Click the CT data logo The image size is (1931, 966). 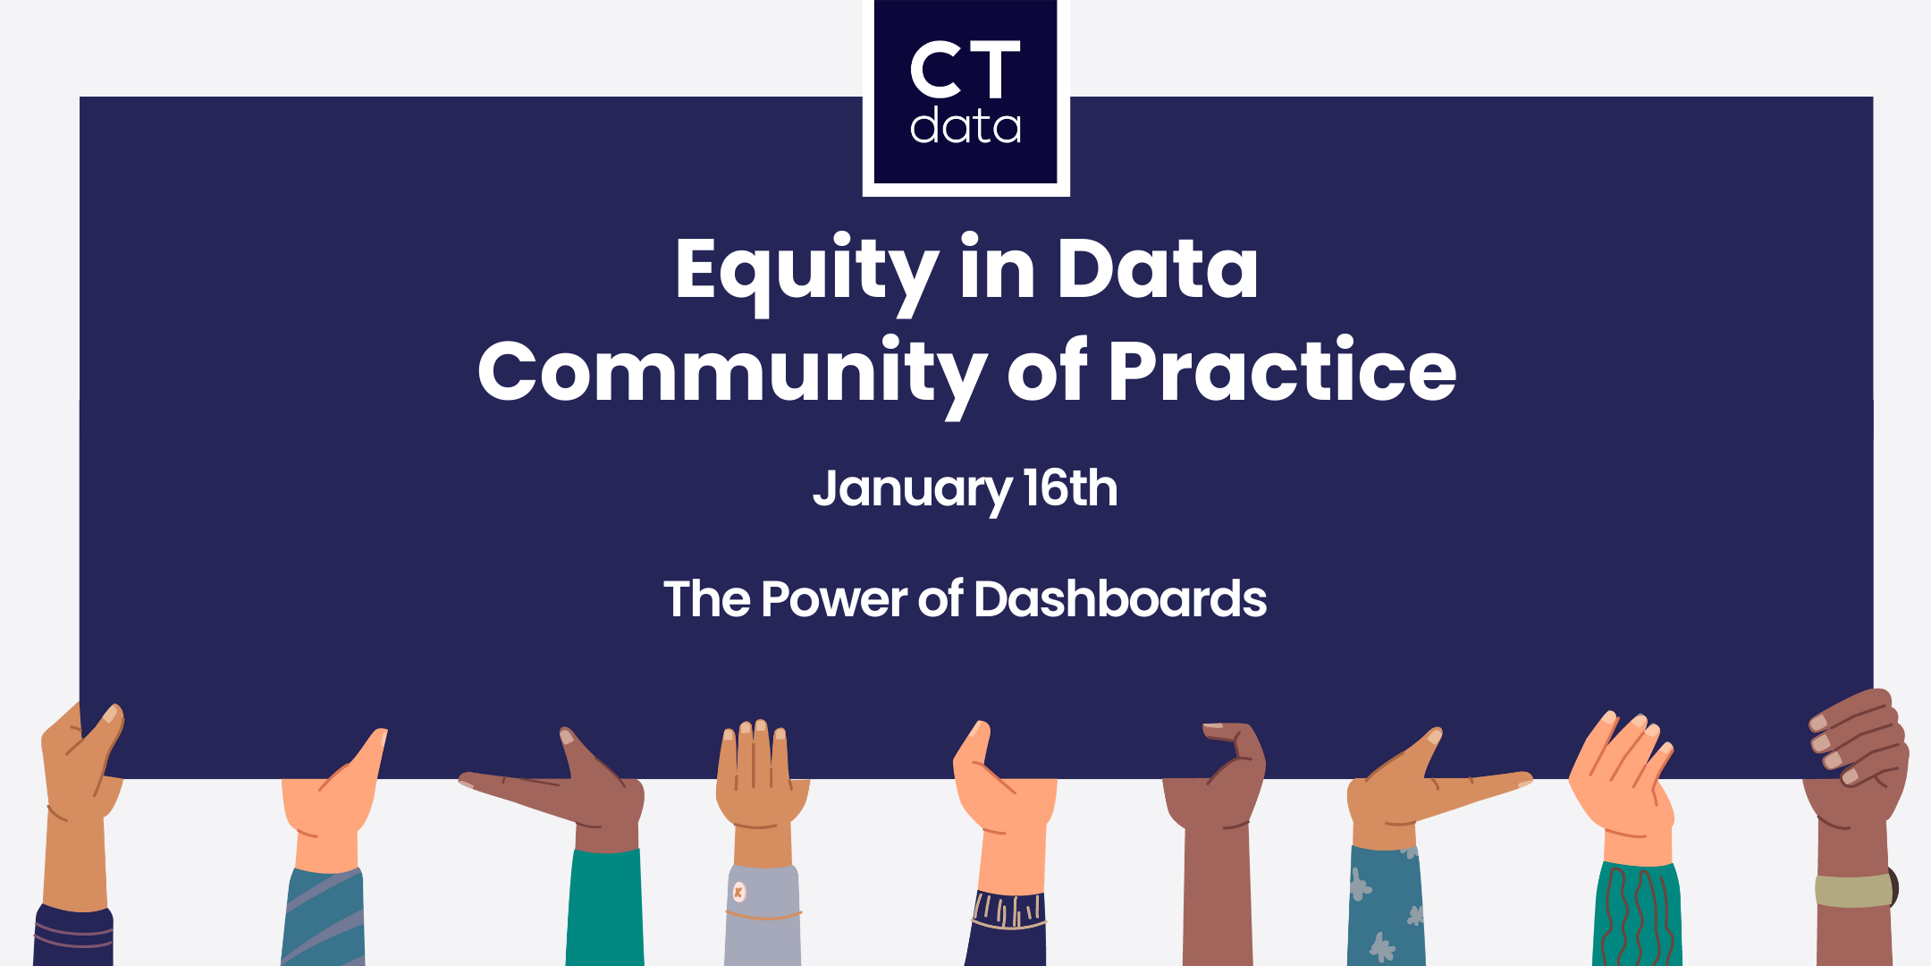(x=965, y=94)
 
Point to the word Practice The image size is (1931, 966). (x=1282, y=372)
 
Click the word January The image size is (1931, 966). (x=912, y=489)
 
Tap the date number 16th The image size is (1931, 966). (x=1070, y=488)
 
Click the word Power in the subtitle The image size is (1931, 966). (x=833, y=598)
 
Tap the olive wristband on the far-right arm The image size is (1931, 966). (x=1853, y=890)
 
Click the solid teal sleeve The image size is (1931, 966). (x=605, y=908)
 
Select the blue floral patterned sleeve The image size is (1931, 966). (x=1385, y=908)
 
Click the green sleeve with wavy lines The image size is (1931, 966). (x=1637, y=917)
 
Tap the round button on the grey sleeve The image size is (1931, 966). (x=738, y=892)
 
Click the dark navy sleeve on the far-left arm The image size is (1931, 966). (x=73, y=936)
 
